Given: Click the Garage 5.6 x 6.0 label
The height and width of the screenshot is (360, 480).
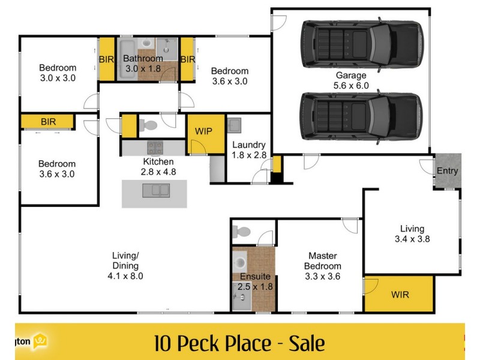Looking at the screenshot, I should (351, 80).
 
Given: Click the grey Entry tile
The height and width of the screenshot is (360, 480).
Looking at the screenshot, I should (448, 171).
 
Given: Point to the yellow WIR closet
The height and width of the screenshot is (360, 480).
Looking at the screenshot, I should (399, 295).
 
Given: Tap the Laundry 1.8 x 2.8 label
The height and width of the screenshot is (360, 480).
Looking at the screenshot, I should (248, 150).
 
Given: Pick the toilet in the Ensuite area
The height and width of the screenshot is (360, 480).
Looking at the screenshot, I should (243, 231).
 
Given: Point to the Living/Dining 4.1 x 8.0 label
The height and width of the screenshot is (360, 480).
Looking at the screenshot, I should (125, 265).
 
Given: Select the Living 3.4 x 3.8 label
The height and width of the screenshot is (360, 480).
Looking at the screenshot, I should (412, 233).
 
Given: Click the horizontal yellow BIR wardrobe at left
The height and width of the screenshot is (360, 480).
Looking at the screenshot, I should (48, 122).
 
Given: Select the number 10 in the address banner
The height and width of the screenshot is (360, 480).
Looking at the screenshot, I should (161, 344).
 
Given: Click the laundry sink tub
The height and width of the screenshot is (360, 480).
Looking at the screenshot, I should (235, 126).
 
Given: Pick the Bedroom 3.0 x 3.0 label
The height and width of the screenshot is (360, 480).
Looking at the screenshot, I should (58, 73).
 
